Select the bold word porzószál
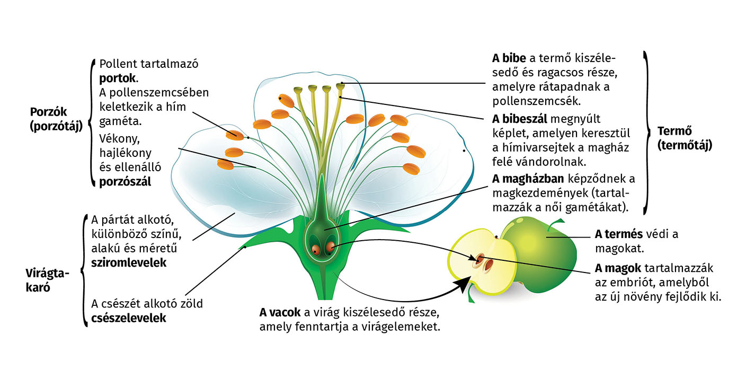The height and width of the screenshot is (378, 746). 125,182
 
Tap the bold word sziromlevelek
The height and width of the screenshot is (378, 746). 129,262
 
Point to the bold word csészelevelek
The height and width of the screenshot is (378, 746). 129,318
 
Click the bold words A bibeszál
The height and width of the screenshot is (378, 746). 519,118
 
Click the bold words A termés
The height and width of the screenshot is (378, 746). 619,234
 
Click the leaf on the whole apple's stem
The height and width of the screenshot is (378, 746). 554,227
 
